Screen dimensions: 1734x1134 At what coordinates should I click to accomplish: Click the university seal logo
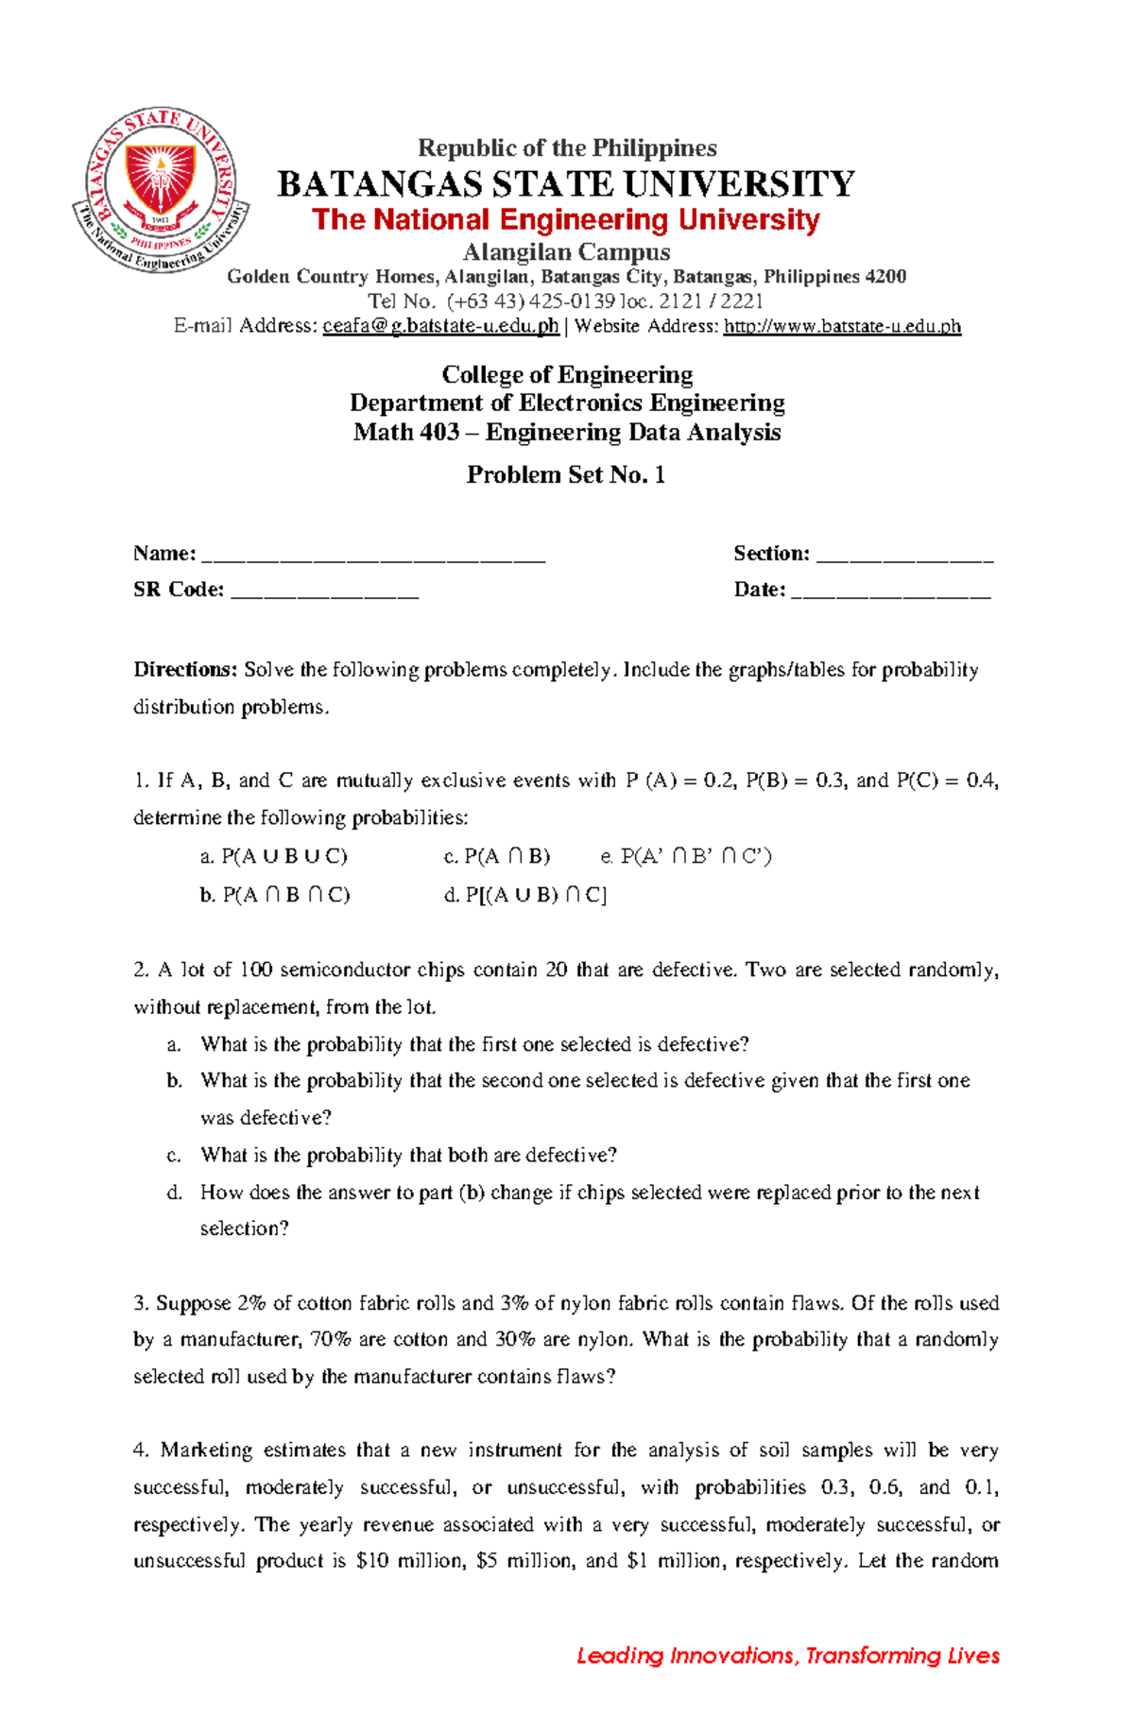coord(161,190)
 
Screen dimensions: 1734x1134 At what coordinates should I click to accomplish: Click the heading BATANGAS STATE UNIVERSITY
coord(565,183)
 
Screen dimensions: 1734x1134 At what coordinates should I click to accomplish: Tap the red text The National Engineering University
coord(565,219)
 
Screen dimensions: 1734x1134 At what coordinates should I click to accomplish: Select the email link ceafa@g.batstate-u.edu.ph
coord(440,326)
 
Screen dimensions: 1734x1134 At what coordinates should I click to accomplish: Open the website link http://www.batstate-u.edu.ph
coord(841,326)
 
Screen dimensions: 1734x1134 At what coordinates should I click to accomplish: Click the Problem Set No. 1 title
coord(565,474)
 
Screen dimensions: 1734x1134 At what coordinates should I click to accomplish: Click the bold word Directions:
coord(185,670)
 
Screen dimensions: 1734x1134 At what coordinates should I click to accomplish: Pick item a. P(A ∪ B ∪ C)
coord(274,857)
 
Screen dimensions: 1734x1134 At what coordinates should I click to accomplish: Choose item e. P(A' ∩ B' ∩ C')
coord(686,857)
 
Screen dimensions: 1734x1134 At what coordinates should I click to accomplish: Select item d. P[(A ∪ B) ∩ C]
coord(525,895)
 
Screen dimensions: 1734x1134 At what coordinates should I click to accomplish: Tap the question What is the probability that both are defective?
coord(408,1155)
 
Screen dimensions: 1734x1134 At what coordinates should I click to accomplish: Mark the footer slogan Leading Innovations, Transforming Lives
coord(787,1655)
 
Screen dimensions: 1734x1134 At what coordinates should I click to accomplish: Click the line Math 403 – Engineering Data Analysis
coord(566,432)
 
